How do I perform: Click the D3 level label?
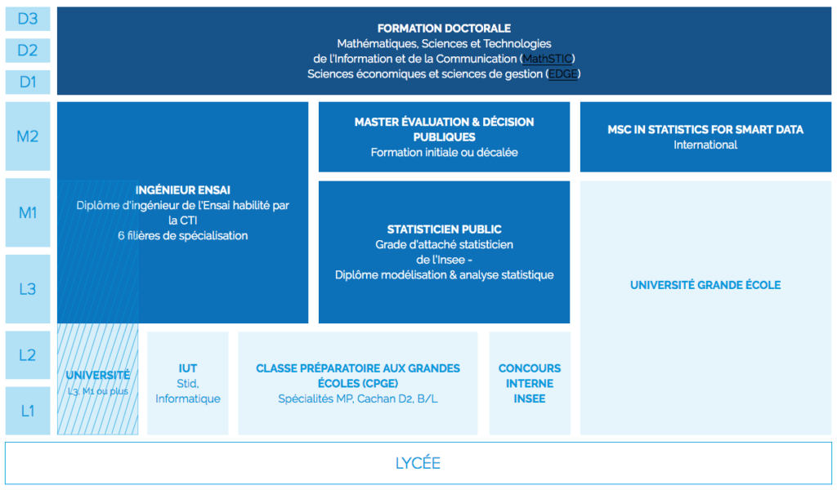click(28, 18)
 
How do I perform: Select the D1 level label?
click(28, 82)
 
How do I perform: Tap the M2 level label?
click(28, 136)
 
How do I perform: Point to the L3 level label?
click(28, 288)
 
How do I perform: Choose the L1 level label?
click(28, 410)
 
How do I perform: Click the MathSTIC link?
click(548, 59)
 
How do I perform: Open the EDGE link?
click(562, 73)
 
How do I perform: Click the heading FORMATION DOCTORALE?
click(444, 29)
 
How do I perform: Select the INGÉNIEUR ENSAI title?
click(183, 190)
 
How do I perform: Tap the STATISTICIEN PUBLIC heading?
click(444, 229)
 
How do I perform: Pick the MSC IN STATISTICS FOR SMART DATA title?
click(705, 129)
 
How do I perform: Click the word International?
click(705, 145)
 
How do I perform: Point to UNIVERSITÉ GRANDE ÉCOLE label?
click(705, 285)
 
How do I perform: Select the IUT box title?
click(188, 368)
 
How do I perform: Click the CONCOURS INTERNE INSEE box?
click(530, 383)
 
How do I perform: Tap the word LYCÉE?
click(418, 463)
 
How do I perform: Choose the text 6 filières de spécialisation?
click(183, 235)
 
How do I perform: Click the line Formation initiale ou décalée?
click(444, 152)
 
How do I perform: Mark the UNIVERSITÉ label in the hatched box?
click(97, 375)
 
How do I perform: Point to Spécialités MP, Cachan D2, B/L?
click(358, 399)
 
